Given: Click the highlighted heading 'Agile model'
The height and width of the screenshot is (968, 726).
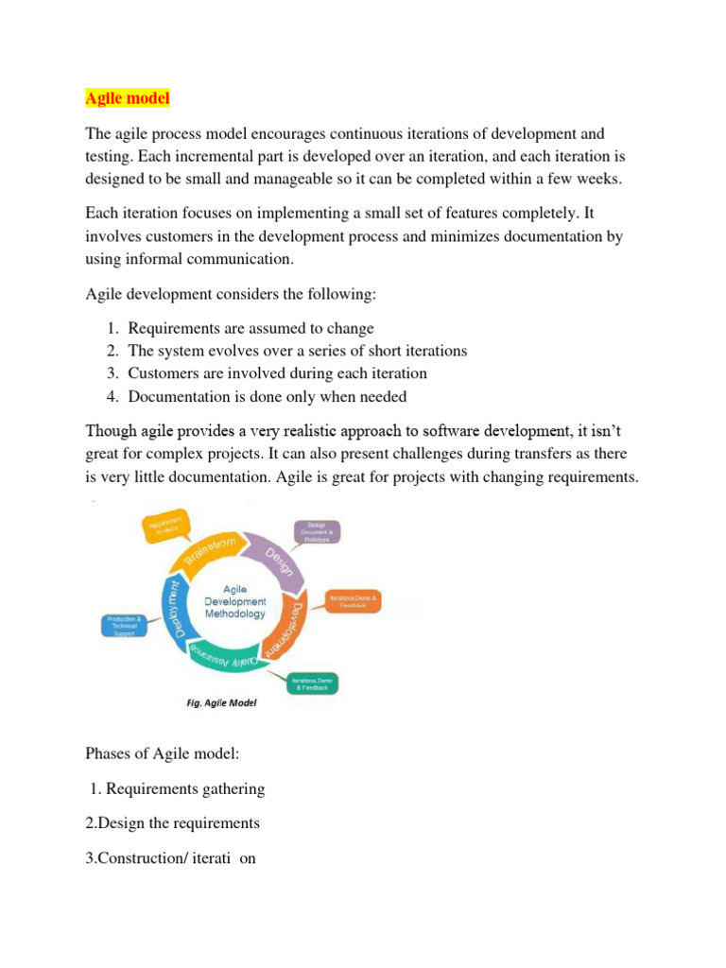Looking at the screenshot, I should click(126, 97).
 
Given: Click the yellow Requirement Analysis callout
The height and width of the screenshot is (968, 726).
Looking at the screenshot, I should click(166, 526).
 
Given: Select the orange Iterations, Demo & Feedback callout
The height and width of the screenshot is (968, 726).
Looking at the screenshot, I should click(354, 600).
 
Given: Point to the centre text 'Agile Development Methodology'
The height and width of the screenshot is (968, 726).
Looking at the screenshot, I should click(235, 601).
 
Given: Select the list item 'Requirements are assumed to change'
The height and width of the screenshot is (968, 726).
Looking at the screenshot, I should click(251, 328).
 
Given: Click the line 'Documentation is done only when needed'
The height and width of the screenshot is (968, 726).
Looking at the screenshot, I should click(268, 396).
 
